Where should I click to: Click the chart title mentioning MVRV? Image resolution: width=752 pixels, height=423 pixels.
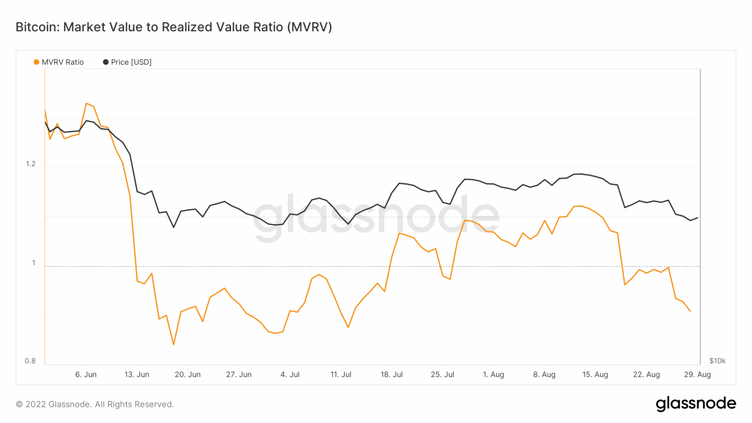tap(174, 27)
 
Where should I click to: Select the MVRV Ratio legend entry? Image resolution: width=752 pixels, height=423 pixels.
tap(59, 62)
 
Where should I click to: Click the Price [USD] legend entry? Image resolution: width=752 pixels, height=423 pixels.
tap(127, 62)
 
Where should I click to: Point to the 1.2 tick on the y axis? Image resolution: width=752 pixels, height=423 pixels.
tap(31, 164)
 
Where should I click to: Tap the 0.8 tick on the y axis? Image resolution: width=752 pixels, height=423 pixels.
tap(30, 361)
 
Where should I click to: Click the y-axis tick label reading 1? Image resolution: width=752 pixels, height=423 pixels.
tap(34, 263)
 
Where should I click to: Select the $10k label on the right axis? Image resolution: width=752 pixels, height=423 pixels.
tap(717, 361)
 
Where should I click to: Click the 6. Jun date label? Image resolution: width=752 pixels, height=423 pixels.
tap(86, 375)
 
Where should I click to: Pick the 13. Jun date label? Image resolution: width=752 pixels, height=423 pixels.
tap(137, 375)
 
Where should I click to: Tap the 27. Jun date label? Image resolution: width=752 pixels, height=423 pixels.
tap(238, 375)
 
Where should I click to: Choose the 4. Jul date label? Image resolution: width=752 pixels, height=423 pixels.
tap(290, 375)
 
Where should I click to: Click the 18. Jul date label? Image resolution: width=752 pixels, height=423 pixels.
tap(392, 375)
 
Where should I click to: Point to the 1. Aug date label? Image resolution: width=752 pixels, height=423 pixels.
tap(493, 375)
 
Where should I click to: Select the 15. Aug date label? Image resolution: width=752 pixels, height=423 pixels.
tap(595, 375)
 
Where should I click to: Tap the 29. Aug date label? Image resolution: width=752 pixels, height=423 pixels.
tap(697, 375)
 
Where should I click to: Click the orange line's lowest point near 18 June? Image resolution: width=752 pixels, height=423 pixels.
tap(173, 345)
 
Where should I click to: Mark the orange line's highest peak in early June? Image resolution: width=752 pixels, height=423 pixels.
tap(86, 103)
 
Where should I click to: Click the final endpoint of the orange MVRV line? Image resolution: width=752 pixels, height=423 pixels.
tap(690, 311)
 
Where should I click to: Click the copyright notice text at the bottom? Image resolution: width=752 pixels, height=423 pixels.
tap(95, 404)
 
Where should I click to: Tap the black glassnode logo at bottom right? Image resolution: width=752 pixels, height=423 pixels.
tap(696, 404)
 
